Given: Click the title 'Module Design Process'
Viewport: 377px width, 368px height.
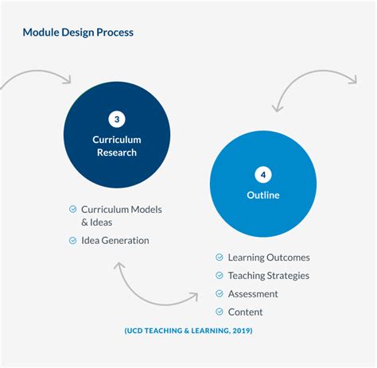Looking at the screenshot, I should pos(78,33).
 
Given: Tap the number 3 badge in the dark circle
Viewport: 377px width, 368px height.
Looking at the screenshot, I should pos(117,119).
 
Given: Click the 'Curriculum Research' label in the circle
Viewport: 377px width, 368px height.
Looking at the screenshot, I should pos(117,146).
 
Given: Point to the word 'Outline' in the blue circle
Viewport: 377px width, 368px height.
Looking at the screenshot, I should pos(262,196).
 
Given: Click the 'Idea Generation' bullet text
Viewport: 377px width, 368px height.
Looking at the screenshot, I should pos(115,240).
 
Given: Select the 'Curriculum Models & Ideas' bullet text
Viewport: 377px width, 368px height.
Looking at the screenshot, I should pos(121,215).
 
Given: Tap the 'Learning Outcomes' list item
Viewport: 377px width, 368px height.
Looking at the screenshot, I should pos(269,258).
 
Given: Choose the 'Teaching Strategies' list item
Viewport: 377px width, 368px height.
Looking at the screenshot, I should pos(268,276).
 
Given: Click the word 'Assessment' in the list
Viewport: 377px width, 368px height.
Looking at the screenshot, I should pos(253,294).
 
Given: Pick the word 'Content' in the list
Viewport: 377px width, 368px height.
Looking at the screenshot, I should pos(245,312).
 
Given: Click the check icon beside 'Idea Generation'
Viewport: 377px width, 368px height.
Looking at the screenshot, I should pos(73,240).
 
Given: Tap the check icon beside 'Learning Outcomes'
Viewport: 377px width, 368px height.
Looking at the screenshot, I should pos(220,258).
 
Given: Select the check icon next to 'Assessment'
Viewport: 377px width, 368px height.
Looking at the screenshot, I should pos(220,294).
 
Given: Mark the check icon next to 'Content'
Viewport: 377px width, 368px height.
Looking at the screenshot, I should pos(220,312).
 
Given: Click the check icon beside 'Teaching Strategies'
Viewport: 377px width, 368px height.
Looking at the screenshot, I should pos(220,276).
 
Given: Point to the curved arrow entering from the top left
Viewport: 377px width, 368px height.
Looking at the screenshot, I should pos(36,76).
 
